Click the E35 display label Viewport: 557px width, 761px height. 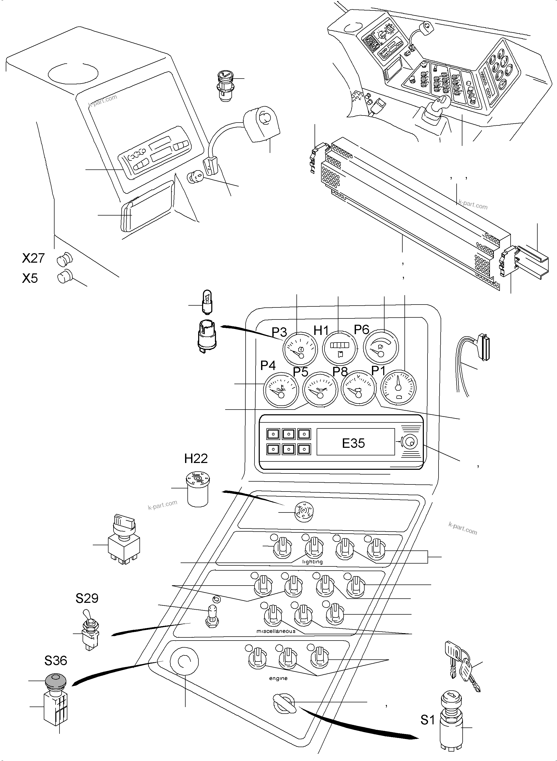tap(353, 443)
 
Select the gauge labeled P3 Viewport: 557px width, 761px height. tap(300, 349)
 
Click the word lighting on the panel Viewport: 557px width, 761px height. tap(312, 562)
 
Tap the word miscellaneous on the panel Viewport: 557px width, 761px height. tap(276, 631)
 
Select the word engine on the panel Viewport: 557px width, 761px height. tap(278, 679)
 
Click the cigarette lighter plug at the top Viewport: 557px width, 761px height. tap(224, 86)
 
